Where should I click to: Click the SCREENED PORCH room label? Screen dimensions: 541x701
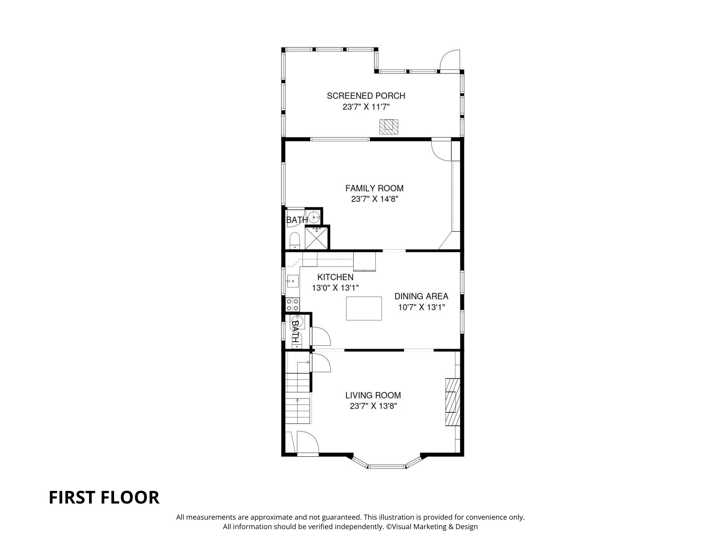click(366, 96)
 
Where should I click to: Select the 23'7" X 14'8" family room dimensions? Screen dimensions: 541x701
click(375, 199)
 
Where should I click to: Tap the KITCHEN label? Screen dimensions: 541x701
click(335, 277)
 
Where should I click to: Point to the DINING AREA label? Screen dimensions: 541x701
click(421, 296)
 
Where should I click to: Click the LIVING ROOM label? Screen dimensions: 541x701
click(373, 395)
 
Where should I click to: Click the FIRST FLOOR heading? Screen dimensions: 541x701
click(104, 498)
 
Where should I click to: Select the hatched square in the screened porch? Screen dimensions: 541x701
click(389, 126)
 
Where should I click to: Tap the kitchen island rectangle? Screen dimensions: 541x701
click(364, 308)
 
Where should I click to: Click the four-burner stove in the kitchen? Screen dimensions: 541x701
click(292, 304)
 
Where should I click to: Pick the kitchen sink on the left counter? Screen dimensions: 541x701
click(292, 281)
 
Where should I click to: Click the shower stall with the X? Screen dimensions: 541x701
click(317, 238)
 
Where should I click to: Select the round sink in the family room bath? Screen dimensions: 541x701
click(314, 217)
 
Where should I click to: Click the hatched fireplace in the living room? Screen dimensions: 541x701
click(452, 402)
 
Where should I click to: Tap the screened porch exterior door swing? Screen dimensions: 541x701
click(449, 61)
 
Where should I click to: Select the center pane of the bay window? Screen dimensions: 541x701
click(387, 466)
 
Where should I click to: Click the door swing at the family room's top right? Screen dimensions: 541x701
click(441, 149)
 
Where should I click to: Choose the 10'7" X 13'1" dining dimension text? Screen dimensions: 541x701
click(421, 307)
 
